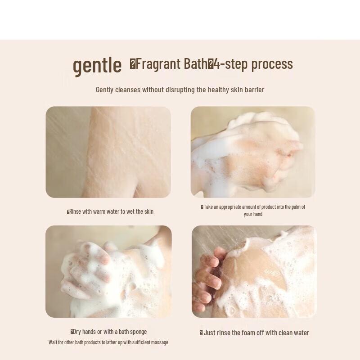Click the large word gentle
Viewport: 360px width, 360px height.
point(97,65)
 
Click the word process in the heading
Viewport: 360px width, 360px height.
point(272,64)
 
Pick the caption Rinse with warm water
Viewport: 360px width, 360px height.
point(110,211)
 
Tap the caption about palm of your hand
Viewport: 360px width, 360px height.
point(253,211)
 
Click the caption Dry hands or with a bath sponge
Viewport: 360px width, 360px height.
point(109,332)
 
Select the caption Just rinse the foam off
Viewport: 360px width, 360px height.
point(255,333)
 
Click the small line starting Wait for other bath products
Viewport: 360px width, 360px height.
point(108,342)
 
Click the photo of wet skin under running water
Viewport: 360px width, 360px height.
point(108,152)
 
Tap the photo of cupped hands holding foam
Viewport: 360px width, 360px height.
point(253,152)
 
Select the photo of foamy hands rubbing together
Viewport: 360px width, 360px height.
point(108,271)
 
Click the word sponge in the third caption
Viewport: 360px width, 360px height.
point(137,332)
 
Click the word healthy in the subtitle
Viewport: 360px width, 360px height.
point(218,90)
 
